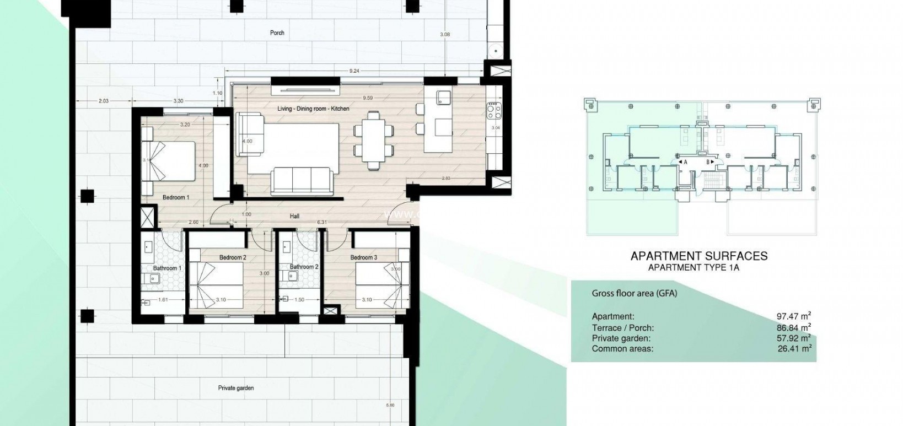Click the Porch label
click(x=277, y=33)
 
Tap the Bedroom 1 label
click(x=176, y=197)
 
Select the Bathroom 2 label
click(x=304, y=267)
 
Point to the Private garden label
click(x=236, y=388)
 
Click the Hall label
click(x=294, y=216)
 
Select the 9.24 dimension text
click(x=354, y=71)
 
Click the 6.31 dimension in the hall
click(x=322, y=222)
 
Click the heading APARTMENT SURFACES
click(x=698, y=256)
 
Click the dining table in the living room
click(x=373, y=141)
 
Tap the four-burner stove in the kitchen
click(x=493, y=112)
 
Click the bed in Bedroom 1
click(x=168, y=161)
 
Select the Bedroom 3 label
click(x=363, y=257)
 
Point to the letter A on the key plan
click(x=685, y=163)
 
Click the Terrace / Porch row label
click(x=622, y=328)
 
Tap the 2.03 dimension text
click(x=103, y=101)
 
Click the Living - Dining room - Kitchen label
click(x=313, y=109)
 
